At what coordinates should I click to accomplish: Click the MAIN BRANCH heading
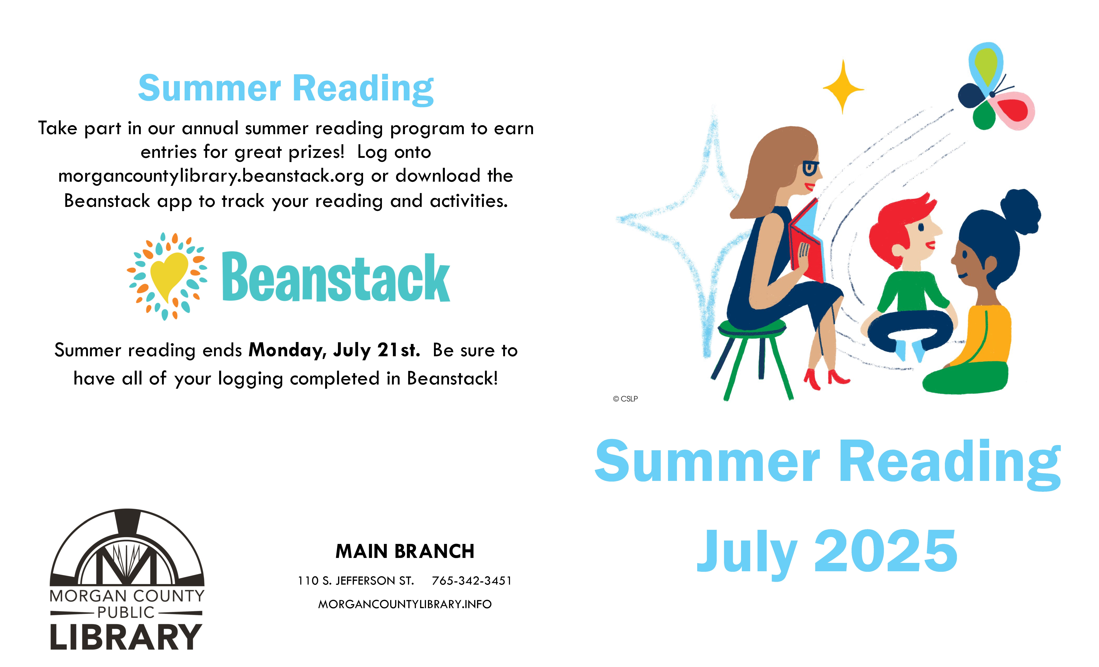coord(405,552)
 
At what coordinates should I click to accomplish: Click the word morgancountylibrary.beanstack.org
coord(211,176)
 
